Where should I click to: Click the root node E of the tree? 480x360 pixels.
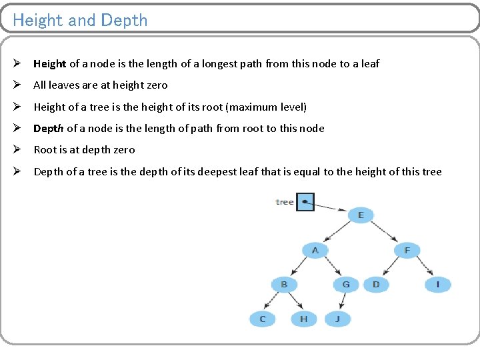361,215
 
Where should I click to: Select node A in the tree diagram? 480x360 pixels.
315,251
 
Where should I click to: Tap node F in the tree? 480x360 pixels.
407,251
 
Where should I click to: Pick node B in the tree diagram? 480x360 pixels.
284,285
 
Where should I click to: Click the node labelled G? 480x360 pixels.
345,285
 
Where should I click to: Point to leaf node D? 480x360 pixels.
376,285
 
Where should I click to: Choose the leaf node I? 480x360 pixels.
437,285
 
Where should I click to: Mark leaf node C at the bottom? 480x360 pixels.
263,319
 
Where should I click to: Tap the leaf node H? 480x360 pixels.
303,319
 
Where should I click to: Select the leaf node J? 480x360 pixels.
337,319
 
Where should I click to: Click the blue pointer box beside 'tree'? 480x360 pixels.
305,201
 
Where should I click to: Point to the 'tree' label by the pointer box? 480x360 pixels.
285,202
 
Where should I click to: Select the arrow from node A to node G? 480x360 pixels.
331,268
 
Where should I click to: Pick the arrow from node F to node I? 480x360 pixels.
423,268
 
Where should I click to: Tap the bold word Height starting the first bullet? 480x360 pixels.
50,64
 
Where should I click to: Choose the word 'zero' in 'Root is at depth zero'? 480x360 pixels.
124,150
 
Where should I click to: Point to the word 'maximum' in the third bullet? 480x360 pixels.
256,107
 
